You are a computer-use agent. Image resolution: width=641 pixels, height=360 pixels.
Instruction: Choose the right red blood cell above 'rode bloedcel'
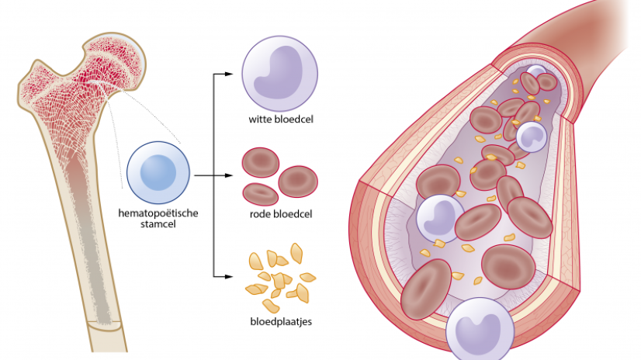tap(298, 181)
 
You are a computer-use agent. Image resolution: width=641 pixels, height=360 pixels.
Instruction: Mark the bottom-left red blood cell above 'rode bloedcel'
tap(260, 194)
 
